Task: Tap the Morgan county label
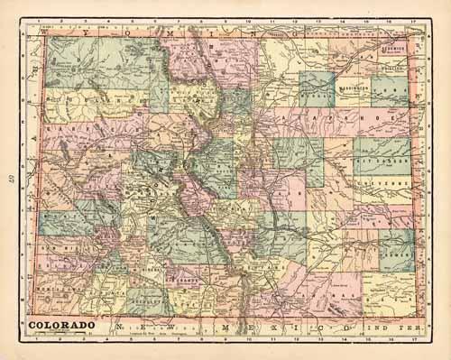click(x=315, y=89)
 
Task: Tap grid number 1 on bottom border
click(x=32, y=341)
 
